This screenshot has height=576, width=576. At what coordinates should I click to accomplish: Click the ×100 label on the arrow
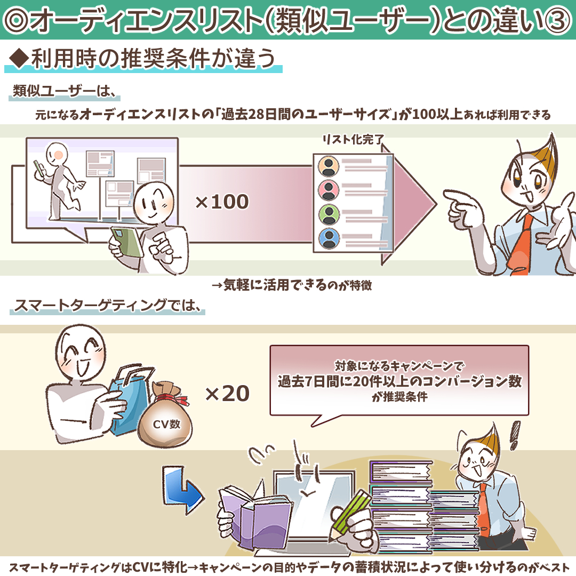point(222,202)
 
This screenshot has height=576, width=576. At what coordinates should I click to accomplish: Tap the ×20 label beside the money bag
point(227,394)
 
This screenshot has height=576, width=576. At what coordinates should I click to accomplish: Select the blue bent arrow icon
point(182,489)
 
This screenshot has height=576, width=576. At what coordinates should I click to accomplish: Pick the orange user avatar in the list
point(329,166)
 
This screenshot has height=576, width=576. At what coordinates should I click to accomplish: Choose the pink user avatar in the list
point(329,189)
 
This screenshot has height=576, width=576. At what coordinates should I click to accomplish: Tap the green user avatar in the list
point(329,214)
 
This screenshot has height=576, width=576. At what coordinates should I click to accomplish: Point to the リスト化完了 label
point(353,139)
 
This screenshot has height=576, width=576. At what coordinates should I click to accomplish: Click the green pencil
point(351,513)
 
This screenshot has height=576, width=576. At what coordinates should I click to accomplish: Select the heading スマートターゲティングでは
point(107,305)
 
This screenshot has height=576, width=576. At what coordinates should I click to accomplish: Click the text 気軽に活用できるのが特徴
point(297,285)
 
